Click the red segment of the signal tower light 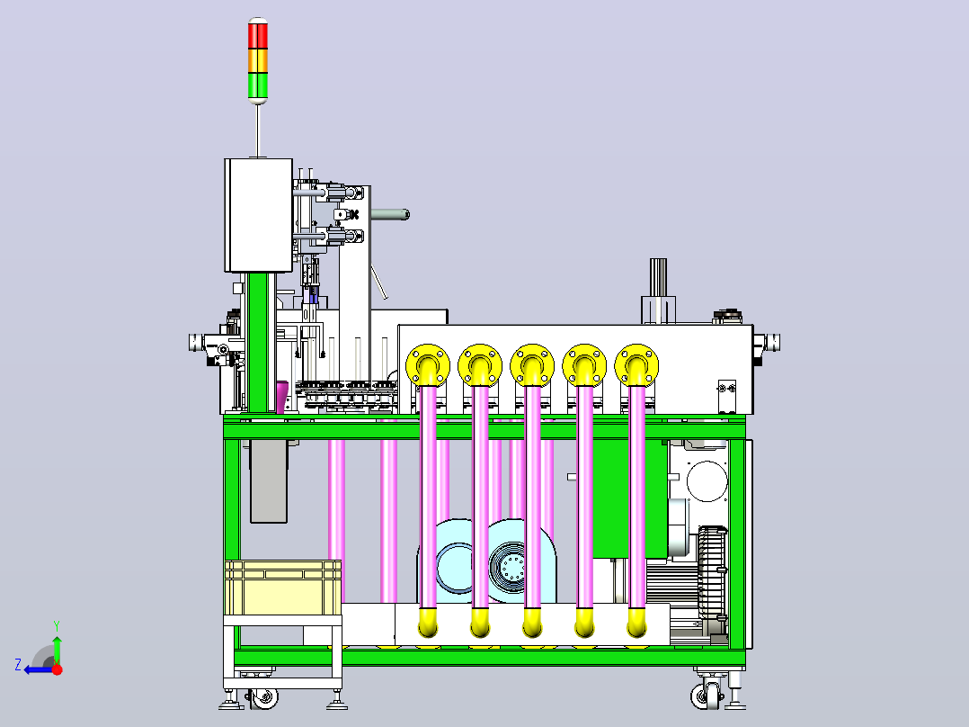tap(258, 35)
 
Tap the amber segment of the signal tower tap(258, 60)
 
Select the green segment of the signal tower tap(258, 85)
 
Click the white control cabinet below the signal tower tap(258, 215)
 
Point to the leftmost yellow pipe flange tap(428, 365)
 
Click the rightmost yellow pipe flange tap(636, 365)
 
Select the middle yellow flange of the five tap(532, 365)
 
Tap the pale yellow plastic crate tap(282, 588)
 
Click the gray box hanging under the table tap(268, 481)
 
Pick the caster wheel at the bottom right tap(707, 695)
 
